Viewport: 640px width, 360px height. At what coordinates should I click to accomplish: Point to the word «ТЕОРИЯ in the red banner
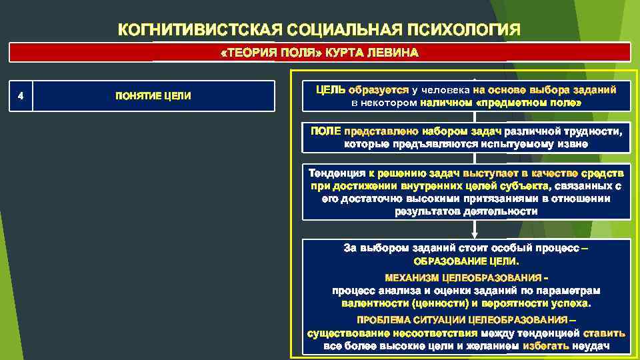pos(246,53)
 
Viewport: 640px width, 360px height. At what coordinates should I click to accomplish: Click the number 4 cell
pos(21,95)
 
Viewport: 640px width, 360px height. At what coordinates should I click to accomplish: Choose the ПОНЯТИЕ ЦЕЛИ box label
pos(153,96)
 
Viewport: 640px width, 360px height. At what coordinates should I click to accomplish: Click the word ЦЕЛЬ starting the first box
pos(331,89)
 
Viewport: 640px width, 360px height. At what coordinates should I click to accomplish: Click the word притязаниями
pos(502,198)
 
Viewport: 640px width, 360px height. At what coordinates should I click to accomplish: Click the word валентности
pos(370,303)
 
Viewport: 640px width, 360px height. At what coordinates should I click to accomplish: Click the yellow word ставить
pos(604,333)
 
